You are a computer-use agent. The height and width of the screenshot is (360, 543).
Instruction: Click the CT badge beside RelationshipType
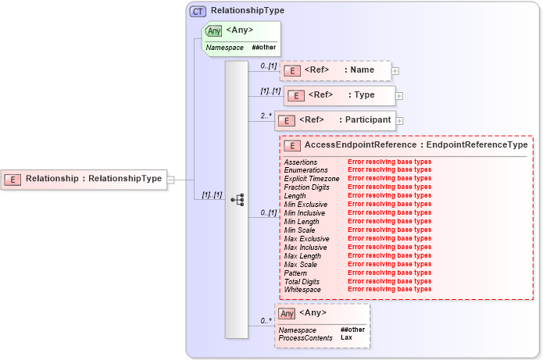click(198, 11)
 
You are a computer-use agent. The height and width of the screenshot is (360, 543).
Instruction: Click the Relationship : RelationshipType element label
click(94, 179)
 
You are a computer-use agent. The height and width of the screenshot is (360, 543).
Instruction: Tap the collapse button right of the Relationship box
click(170, 179)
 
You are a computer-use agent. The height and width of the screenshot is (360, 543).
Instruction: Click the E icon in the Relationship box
click(13, 179)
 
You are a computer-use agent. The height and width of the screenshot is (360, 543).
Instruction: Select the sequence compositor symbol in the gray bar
click(237, 200)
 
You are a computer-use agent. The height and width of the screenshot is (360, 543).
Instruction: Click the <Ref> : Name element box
click(336, 71)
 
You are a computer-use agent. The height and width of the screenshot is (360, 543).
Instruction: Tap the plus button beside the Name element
click(395, 71)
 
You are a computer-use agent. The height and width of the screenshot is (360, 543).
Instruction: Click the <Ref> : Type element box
click(339, 95)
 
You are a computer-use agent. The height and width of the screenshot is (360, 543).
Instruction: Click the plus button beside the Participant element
click(398, 120)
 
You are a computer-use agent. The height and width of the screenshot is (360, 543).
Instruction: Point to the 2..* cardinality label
click(266, 116)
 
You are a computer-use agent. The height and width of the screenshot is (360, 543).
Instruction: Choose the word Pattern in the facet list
click(295, 273)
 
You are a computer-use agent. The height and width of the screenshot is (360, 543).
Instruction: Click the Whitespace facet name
click(302, 289)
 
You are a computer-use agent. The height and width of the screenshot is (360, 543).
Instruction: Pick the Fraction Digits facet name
click(307, 187)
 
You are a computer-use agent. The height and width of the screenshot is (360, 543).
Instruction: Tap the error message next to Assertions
click(389, 162)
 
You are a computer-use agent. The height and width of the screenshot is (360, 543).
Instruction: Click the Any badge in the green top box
click(213, 30)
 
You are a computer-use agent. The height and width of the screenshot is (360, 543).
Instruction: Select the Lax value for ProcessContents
click(346, 337)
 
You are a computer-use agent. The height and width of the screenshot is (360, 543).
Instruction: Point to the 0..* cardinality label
click(266, 320)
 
